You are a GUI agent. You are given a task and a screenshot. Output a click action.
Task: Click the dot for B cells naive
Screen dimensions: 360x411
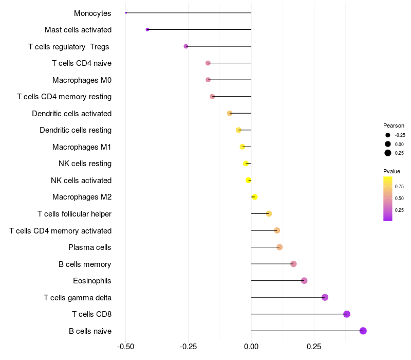click(363, 331)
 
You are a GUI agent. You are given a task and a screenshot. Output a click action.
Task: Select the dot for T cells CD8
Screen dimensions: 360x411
click(347, 314)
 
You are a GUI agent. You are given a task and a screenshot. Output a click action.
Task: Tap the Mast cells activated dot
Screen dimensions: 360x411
click(147, 29)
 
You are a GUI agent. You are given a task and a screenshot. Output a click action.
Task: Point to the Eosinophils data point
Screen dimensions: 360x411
click(304, 281)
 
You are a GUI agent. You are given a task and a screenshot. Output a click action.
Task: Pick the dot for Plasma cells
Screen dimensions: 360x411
click(279, 247)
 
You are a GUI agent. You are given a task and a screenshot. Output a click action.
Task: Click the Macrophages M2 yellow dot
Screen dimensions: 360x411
click(254, 197)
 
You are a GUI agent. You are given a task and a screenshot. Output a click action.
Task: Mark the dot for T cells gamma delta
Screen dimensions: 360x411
click(325, 297)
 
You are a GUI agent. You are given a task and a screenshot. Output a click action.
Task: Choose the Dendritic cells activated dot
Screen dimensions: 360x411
click(230, 113)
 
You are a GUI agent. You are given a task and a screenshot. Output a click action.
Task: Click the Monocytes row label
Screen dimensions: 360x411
click(92, 13)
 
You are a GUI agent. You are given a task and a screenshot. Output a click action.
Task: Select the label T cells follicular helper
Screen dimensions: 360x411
click(74, 214)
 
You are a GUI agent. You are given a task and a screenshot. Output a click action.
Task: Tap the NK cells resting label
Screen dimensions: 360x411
click(85, 164)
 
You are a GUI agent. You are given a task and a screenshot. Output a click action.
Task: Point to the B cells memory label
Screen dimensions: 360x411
click(85, 264)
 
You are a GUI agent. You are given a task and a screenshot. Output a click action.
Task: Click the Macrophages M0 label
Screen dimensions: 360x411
click(82, 80)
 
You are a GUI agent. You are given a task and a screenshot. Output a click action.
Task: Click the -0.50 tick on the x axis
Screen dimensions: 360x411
click(125, 347)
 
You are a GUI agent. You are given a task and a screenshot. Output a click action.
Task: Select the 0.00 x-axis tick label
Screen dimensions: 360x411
click(251, 347)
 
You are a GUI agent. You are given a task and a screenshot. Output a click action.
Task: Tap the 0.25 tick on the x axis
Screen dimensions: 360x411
click(314, 347)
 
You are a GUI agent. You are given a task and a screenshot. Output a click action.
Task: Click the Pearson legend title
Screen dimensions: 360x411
click(394, 125)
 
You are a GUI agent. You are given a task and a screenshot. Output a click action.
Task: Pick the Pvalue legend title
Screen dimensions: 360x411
click(391, 171)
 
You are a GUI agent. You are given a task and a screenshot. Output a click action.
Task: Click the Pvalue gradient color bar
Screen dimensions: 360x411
click(388, 199)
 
